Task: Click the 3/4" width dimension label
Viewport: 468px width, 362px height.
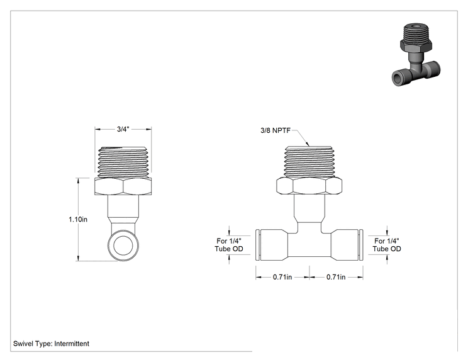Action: (x=123, y=129)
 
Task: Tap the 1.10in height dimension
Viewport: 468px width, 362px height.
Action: (x=78, y=220)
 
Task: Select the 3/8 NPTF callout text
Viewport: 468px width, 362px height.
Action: (x=275, y=130)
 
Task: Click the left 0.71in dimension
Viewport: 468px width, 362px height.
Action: (x=282, y=277)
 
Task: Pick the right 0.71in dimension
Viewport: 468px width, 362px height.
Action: (x=336, y=277)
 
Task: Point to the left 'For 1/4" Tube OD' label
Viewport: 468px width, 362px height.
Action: (x=229, y=245)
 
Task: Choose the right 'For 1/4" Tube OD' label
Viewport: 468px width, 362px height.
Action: (x=387, y=245)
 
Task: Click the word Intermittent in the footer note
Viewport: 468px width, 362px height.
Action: (x=72, y=344)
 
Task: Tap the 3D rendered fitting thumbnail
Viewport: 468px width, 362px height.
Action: (x=416, y=55)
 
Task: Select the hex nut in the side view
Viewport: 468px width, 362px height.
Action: (x=123, y=187)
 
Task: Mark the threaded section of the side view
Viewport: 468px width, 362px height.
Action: (x=123, y=162)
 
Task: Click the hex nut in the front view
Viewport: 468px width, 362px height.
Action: (x=309, y=185)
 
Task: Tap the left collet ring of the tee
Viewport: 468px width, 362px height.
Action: (x=258, y=246)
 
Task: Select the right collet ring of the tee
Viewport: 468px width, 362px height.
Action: (x=361, y=246)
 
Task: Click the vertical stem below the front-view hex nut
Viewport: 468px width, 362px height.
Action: (x=309, y=208)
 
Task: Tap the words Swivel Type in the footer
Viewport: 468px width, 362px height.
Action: (x=33, y=344)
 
